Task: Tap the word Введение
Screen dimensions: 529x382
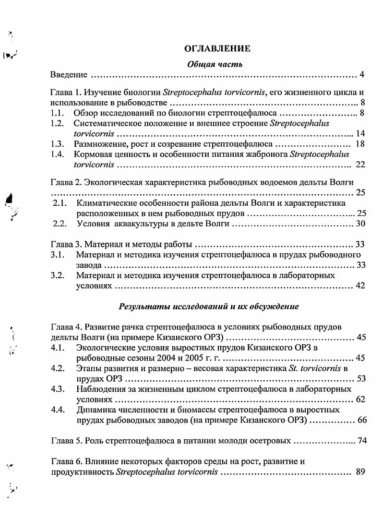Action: click(x=69, y=75)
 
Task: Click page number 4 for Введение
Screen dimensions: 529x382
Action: click(x=363, y=75)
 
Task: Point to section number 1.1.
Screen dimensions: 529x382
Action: click(x=57, y=113)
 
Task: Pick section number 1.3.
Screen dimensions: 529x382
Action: click(x=57, y=144)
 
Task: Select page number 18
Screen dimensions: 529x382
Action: click(x=360, y=144)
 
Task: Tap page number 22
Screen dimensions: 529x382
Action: click(x=360, y=165)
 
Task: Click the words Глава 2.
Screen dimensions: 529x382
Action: click(x=66, y=182)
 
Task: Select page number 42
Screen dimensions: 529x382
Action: click(x=360, y=286)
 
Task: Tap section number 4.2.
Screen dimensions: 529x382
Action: click(x=58, y=368)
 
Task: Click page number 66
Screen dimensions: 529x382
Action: click(x=361, y=421)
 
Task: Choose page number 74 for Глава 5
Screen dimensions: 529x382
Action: click(x=362, y=441)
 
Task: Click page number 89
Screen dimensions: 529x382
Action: click(x=361, y=472)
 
